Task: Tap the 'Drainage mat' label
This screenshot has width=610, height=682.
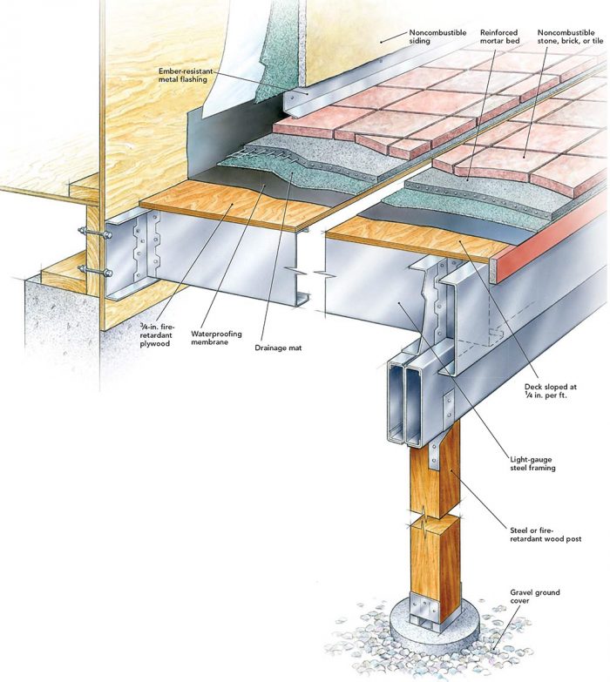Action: (277, 348)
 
